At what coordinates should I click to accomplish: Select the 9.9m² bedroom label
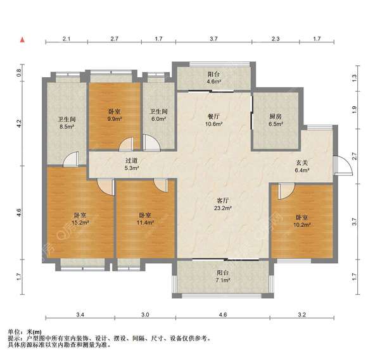[115, 118]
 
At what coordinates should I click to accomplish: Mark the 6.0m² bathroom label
[158, 118]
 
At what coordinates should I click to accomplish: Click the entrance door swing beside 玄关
[343, 166]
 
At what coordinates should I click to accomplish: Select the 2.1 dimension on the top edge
[66, 39]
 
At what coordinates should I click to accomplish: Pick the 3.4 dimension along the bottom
[80, 314]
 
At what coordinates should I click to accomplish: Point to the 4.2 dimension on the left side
[19, 122]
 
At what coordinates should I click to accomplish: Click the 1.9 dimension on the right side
[354, 108]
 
